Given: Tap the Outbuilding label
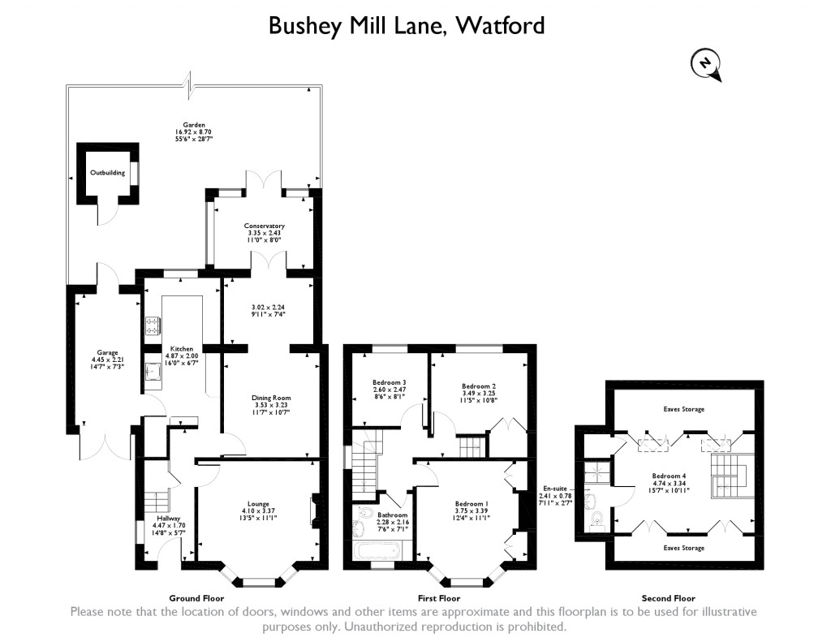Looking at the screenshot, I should (x=105, y=172).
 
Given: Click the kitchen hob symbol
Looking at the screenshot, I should (x=153, y=326).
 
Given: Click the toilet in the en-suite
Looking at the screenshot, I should (x=598, y=518).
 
